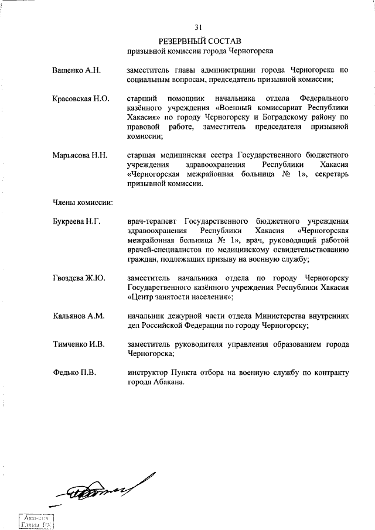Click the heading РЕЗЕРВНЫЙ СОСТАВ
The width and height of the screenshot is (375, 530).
pos(199,41)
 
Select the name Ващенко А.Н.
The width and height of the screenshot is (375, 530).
pos(76,70)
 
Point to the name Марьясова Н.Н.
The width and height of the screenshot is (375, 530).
pos(79,156)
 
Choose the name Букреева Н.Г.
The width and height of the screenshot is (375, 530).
pos(76,221)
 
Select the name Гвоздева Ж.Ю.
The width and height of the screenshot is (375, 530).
pos(79,278)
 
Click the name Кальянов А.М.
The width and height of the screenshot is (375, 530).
pos(79,316)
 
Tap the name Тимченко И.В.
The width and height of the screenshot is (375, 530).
pos(79,345)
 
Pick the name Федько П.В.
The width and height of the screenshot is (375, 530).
pos(74,373)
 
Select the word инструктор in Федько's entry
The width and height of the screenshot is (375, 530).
pos(147,373)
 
